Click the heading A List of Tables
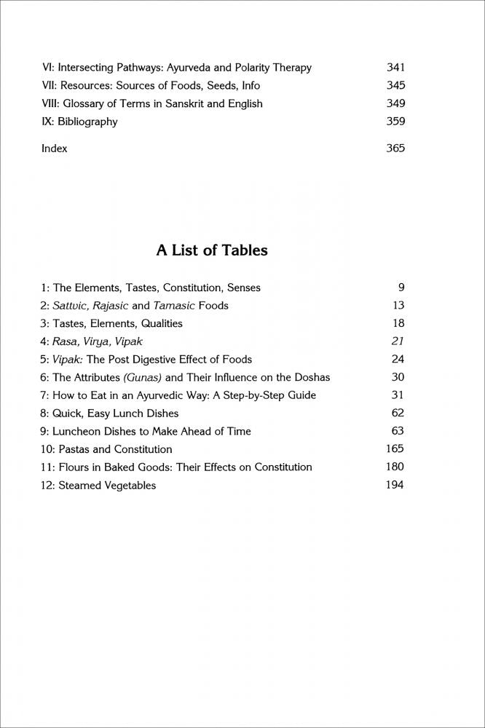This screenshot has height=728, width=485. point(212,250)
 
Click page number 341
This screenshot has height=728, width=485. point(395,68)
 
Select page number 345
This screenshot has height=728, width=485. point(395,86)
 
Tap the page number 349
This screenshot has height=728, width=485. point(395,103)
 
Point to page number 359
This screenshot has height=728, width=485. point(395,122)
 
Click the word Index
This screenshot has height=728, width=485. point(55,149)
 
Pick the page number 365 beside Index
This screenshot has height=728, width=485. point(395,149)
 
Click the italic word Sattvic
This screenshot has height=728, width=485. point(70,306)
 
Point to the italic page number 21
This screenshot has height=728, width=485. point(398,341)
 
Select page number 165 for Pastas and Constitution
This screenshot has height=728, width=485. point(395,448)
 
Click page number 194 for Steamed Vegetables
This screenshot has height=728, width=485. point(395,484)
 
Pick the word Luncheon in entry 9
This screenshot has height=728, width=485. point(77,431)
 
